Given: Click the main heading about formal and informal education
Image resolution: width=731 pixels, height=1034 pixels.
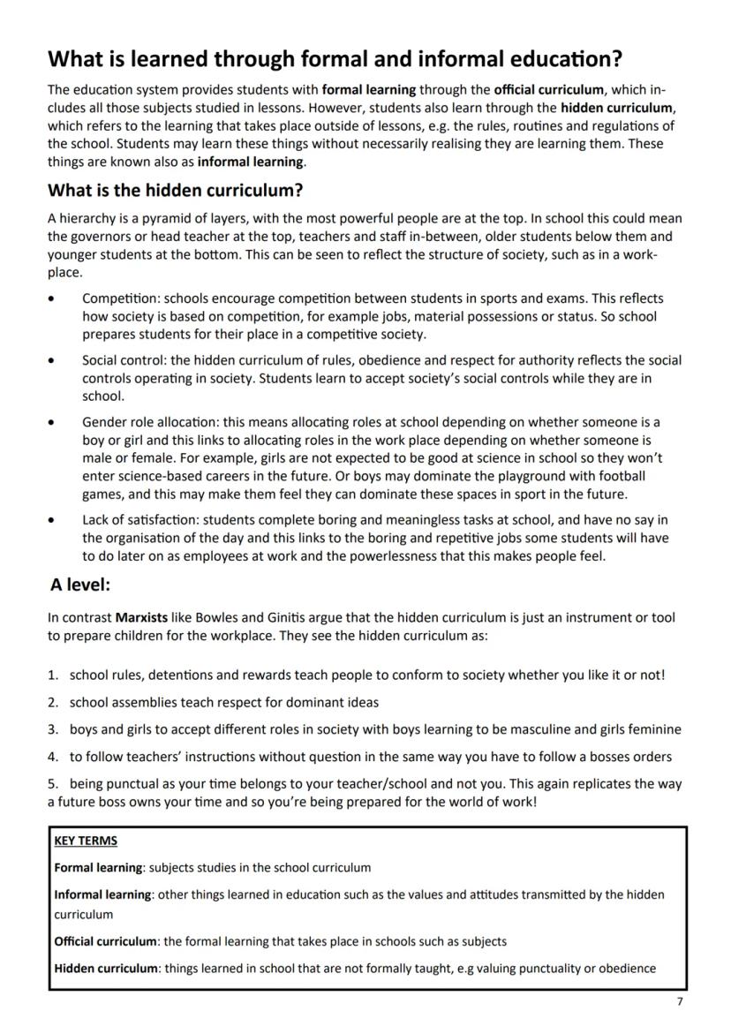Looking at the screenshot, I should [x=335, y=59].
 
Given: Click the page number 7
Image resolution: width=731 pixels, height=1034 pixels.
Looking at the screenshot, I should [x=679, y=1000].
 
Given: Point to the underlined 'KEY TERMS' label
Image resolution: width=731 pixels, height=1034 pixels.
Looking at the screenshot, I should [x=86, y=841].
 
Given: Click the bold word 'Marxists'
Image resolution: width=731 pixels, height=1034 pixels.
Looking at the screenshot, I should [x=142, y=618].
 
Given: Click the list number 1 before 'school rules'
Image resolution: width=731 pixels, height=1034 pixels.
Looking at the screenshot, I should [x=52, y=675].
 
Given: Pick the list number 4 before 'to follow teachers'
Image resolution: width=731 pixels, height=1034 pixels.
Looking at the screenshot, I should [x=52, y=757].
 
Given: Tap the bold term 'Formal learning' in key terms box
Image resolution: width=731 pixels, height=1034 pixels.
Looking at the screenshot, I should [x=98, y=867].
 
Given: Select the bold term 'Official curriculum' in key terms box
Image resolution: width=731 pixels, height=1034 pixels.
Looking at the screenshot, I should [x=106, y=941].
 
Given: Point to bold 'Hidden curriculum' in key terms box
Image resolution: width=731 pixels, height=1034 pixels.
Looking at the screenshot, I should [x=105, y=968].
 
